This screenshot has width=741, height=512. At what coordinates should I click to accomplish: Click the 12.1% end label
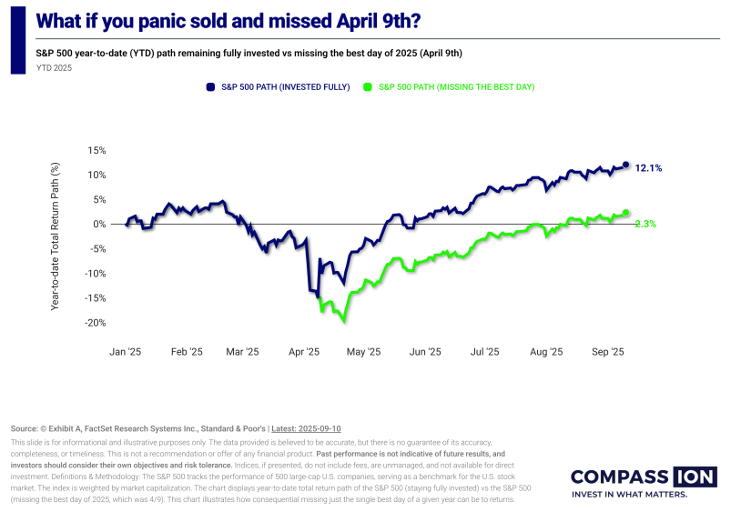click(648, 168)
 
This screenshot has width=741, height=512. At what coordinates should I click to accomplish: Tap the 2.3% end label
click(645, 223)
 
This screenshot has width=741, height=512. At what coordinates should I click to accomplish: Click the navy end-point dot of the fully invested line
click(625, 165)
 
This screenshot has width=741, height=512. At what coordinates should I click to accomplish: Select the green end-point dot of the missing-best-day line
click(625, 213)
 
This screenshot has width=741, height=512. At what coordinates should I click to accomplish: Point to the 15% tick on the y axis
click(97, 150)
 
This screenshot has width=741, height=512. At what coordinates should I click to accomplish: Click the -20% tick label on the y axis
click(96, 323)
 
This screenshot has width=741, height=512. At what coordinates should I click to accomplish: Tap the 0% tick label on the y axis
click(100, 224)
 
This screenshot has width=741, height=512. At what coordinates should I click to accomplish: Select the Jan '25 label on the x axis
click(126, 352)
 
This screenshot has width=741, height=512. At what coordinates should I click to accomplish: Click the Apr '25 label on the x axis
click(304, 352)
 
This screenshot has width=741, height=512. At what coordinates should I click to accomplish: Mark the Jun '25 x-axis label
click(425, 352)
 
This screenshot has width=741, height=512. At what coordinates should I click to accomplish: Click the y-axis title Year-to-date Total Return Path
click(56, 236)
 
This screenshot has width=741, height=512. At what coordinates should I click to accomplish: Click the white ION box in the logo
click(695, 477)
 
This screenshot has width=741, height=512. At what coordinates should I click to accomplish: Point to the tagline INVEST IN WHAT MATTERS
click(628, 496)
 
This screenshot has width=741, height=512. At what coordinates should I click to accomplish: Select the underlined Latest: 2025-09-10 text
click(306, 428)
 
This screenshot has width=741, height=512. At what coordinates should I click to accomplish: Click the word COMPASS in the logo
click(620, 477)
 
